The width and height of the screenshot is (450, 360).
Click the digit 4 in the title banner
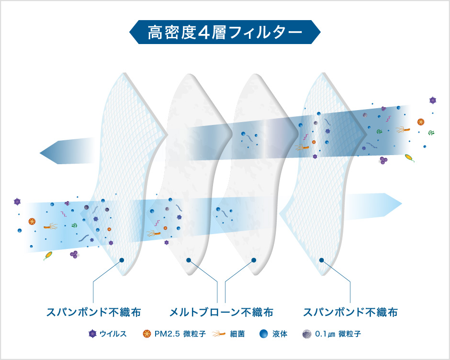(204, 33)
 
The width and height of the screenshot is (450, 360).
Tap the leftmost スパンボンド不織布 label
(93, 312)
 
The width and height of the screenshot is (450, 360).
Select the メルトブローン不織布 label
(221, 312)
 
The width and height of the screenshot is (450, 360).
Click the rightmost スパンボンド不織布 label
(350, 312)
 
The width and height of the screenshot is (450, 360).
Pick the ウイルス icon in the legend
(92, 334)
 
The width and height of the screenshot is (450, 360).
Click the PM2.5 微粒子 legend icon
(146, 334)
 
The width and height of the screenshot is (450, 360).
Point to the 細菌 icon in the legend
(219, 334)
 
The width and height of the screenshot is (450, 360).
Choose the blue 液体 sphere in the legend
(263, 334)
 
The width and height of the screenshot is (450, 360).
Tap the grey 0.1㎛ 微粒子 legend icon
(307, 334)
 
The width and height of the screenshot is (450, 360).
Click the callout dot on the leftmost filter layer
(122, 260)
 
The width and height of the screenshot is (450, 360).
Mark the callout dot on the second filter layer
(189, 260)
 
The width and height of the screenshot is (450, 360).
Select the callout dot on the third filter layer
(254, 260)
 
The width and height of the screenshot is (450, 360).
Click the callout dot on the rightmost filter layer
(321, 260)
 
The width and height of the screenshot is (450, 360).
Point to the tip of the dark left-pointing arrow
(40, 153)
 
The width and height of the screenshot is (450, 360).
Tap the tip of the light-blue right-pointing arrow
(402, 203)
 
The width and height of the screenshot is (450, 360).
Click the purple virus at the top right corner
(433, 100)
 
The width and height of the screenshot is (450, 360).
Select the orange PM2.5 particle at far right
(421, 122)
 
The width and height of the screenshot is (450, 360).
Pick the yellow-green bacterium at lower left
(48, 255)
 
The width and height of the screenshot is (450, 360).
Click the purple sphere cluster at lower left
(74, 254)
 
